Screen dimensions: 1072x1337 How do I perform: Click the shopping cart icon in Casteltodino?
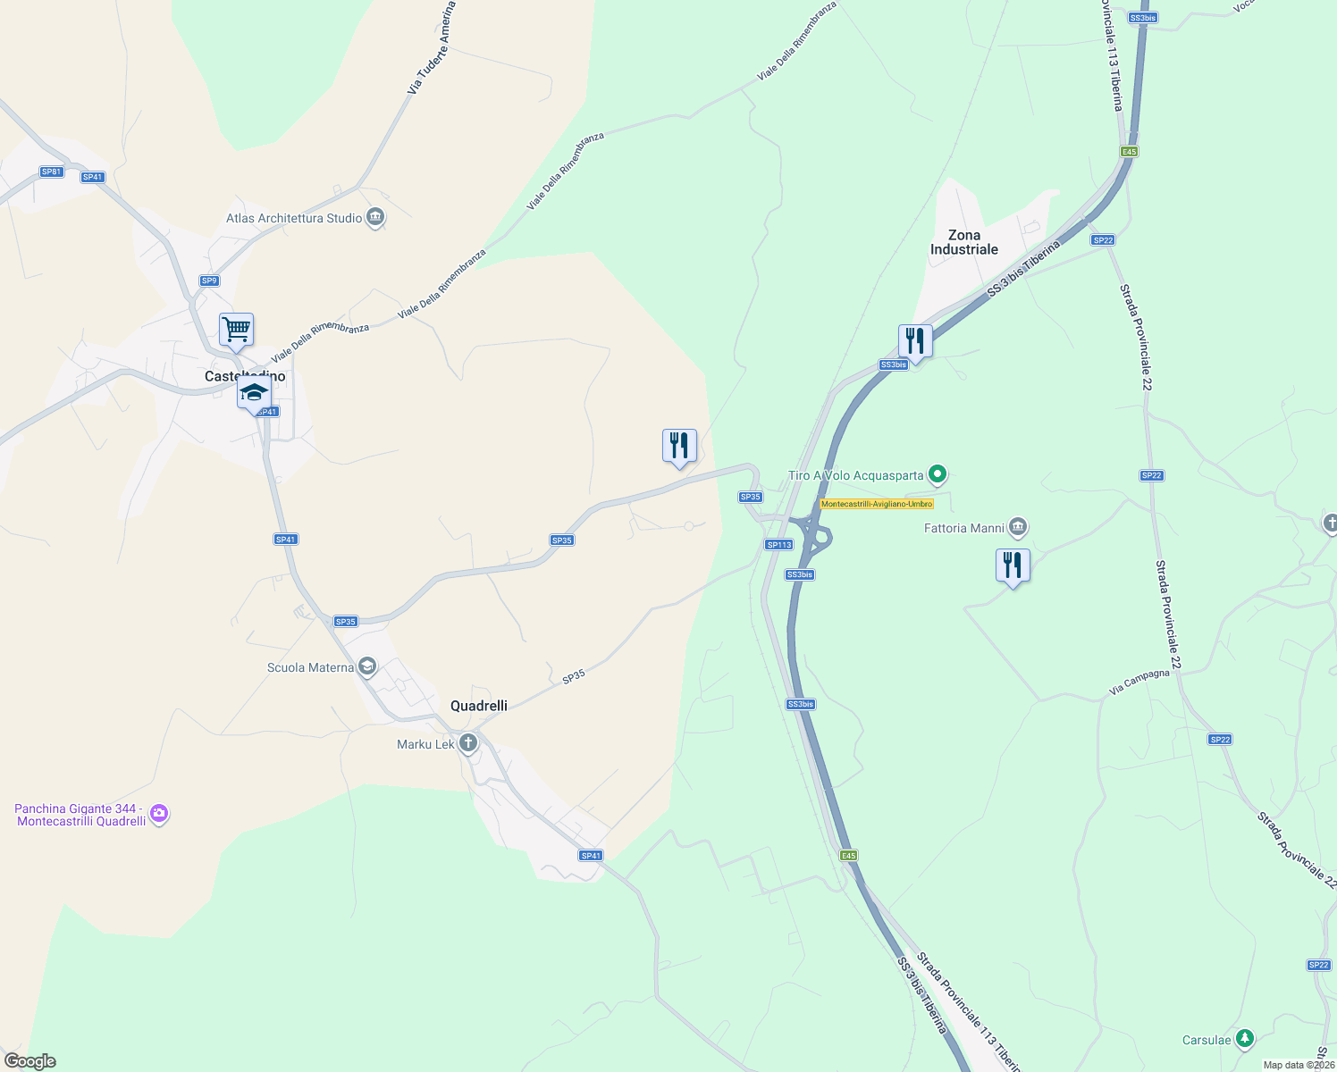pyautogui.click(x=237, y=330)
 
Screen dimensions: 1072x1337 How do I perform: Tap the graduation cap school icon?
pyautogui.click(x=254, y=392)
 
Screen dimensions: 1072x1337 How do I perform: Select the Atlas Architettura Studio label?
pyautogui.click(x=294, y=218)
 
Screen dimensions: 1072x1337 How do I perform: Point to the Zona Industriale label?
pyautogui.click(x=963, y=242)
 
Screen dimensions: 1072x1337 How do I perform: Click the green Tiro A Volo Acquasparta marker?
pyautogui.click(x=937, y=473)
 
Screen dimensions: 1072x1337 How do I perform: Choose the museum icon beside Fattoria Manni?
pyautogui.click(x=1017, y=528)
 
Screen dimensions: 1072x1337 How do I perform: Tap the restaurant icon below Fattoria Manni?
pyautogui.click(x=1013, y=565)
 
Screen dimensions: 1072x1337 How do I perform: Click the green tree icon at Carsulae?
pyautogui.click(x=1244, y=1039)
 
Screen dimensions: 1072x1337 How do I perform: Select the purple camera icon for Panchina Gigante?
pyautogui.click(x=159, y=813)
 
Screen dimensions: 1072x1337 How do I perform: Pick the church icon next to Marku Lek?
pyautogui.click(x=468, y=743)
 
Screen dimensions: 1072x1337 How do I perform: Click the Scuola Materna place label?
pyautogui.click(x=310, y=667)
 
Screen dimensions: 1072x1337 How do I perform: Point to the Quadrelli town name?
pyautogui.click(x=479, y=706)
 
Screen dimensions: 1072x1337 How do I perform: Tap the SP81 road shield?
pyautogui.click(x=52, y=172)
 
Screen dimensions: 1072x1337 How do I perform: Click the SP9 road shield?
pyautogui.click(x=209, y=281)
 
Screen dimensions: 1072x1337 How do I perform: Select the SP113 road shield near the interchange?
pyautogui.click(x=779, y=544)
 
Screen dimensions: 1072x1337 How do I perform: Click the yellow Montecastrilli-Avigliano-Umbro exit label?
pyautogui.click(x=877, y=504)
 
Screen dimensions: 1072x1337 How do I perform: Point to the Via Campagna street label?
pyautogui.click(x=1139, y=682)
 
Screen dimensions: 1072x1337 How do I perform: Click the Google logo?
pyautogui.click(x=29, y=1060)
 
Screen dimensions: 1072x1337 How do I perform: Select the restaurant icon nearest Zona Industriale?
pyautogui.click(x=915, y=341)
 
